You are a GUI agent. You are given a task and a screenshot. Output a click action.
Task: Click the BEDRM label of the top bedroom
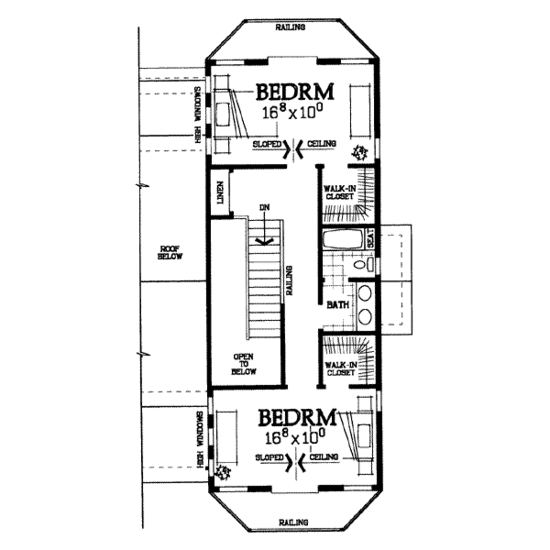[294, 92]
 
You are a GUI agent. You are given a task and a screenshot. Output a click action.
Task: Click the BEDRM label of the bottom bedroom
[298, 417]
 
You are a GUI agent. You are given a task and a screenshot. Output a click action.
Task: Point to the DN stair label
[263, 207]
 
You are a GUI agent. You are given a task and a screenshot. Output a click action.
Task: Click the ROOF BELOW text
[170, 252]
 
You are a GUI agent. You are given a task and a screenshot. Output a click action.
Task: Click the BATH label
[338, 305]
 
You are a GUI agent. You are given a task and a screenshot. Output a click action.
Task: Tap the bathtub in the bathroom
[343, 239]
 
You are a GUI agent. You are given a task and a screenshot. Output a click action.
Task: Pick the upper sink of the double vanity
[365, 294]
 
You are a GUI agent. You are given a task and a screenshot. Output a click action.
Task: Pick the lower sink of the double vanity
[365, 316]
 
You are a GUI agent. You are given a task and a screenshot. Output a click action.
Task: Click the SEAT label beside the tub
[370, 238]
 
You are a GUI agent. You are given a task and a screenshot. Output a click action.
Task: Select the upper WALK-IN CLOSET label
[338, 192]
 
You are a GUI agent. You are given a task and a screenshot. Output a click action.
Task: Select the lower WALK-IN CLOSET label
[339, 368]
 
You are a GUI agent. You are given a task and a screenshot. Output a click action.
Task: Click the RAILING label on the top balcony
[290, 27]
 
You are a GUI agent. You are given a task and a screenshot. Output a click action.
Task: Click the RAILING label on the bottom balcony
[293, 522]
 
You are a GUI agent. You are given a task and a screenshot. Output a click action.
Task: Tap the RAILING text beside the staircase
[289, 280]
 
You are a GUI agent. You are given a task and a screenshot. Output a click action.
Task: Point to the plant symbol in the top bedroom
[360, 153]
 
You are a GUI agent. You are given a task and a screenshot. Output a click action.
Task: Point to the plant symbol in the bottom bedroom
[222, 472]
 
